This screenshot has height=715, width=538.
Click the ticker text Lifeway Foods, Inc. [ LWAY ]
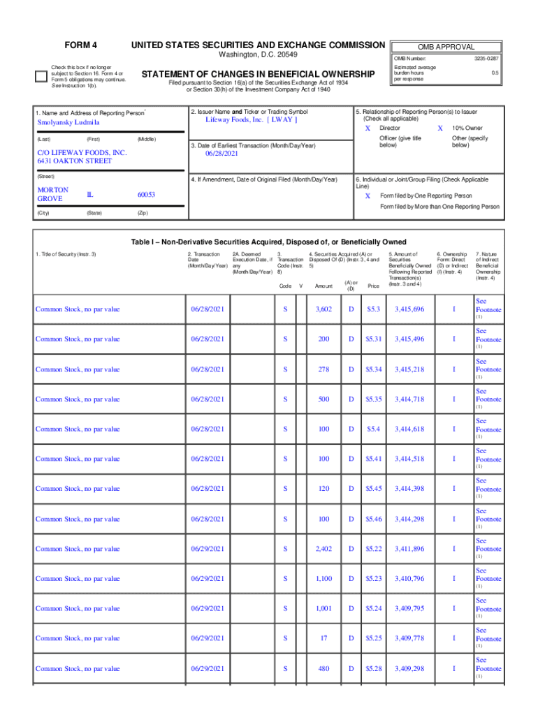(251, 119)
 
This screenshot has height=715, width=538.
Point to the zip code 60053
(146, 195)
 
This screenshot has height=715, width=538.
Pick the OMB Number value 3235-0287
(487, 59)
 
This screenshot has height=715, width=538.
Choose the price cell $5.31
(374, 339)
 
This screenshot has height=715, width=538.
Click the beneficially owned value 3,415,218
(409, 369)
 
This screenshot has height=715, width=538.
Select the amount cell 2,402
(323, 549)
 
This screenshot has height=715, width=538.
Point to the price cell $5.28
(374, 668)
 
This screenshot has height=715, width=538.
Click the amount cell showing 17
(323, 638)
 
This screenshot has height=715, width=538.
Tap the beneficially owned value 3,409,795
(409, 608)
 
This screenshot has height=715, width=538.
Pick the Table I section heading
(269, 242)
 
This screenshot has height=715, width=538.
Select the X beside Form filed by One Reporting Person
(368, 196)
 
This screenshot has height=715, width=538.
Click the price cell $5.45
(374, 489)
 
